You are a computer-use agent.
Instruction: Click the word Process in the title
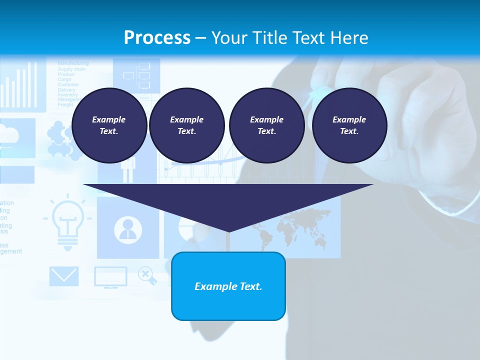tap(157, 37)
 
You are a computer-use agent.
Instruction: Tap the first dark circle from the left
tap(109, 125)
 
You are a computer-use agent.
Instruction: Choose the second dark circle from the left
tap(186, 125)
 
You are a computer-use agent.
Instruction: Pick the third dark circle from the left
tap(266, 125)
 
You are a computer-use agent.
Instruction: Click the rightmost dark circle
tap(349, 125)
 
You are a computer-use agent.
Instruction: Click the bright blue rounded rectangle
tap(228, 286)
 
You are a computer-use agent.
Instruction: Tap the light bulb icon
tap(67, 222)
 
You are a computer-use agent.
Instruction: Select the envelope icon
tap(63, 276)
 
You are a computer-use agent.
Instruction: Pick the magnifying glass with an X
tap(146, 274)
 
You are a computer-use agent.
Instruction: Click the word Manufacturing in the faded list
tap(73, 63)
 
